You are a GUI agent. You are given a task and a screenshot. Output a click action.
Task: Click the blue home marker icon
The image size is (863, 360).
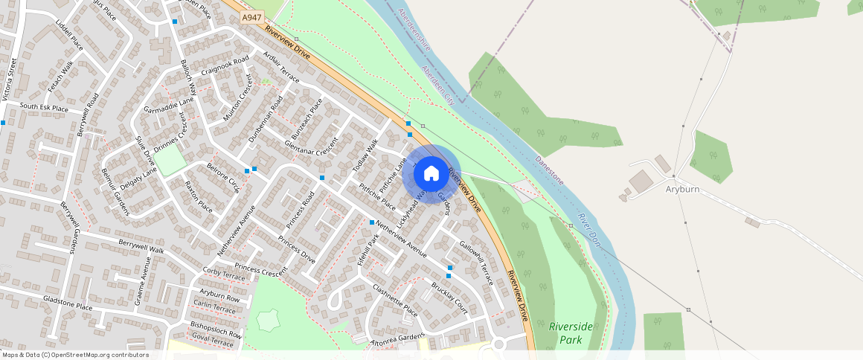point(431,174)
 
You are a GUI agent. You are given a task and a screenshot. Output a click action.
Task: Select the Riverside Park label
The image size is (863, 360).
point(571,333)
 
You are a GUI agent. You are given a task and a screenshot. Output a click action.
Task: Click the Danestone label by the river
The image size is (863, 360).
point(549,170)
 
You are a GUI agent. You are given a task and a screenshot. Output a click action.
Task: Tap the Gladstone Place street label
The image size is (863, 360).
point(68,306)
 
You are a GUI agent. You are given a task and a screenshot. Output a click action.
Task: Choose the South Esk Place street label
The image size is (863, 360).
point(44,108)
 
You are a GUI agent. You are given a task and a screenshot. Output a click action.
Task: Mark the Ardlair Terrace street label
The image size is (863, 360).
point(280,68)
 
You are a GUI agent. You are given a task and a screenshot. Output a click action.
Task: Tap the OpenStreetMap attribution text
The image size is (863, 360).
point(76,355)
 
